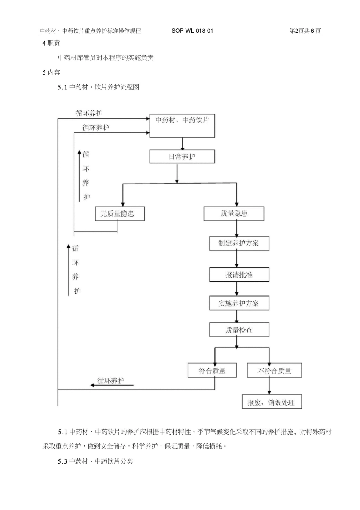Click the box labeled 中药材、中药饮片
coord(182,126)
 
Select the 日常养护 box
coord(182,157)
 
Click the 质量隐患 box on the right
coord(234,213)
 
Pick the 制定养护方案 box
coord(239,243)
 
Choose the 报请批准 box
coord(239,275)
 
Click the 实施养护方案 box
coord(239,303)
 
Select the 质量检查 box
coord(239,330)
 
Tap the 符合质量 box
coord(212,370)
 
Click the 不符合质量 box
coord(274,370)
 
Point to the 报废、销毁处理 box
coord(272,402)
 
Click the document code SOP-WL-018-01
coord(192,31)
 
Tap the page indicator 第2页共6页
coord(305,31)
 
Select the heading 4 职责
coord(51,43)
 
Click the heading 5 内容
coord(51,72)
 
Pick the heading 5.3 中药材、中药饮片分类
coord(95,461)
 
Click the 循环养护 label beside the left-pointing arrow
coord(111,381)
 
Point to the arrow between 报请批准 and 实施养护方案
coord(237,289)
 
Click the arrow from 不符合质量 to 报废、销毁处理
coord(269,386)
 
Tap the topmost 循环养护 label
coord(89,113)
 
